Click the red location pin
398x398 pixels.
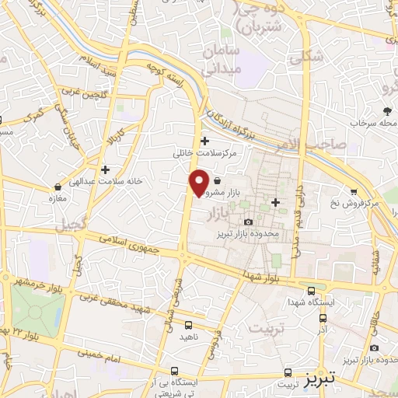point(199,183)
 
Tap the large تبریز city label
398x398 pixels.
point(341,378)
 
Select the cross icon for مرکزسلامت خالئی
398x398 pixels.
point(204,141)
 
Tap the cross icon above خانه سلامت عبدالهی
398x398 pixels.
point(105,169)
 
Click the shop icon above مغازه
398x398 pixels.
point(58,187)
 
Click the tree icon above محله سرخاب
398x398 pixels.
point(386,111)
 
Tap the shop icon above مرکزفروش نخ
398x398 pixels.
point(354,192)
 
